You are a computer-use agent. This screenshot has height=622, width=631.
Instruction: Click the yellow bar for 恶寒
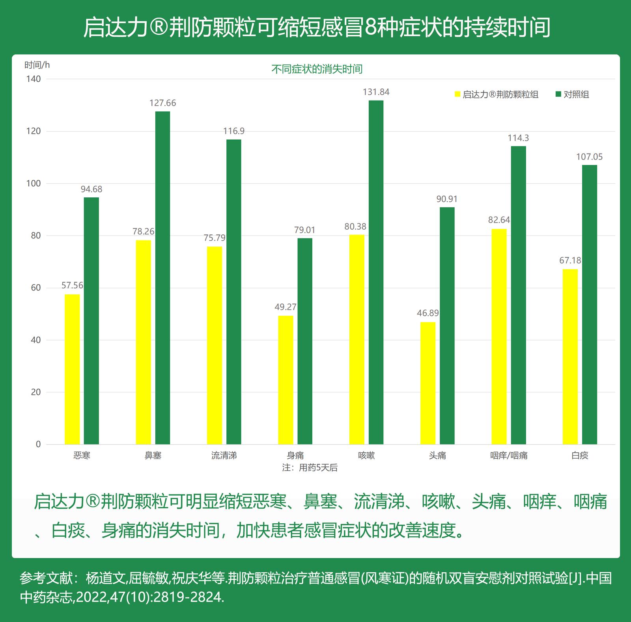pyautogui.click(x=72, y=369)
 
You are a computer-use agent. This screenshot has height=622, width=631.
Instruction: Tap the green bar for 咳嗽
pyautogui.click(x=376, y=272)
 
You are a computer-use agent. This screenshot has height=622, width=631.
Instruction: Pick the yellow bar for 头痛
pyautogui.click(x=428, y=383)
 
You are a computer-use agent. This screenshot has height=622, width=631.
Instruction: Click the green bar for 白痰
pyautogui.click(x=590, y=304)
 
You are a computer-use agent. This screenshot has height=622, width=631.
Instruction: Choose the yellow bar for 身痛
pyautogui.click(x=286, y=380)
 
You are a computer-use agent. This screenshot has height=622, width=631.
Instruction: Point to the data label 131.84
pyautogui.click(x=376, y=92)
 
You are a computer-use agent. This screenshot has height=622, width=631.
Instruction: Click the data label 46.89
pyautogui.click(x=428, y=313)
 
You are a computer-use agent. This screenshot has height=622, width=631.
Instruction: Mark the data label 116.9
pyautogui.click(x=234, y=131)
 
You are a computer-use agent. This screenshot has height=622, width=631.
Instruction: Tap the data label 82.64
pyautogui.click(x=499, y=220)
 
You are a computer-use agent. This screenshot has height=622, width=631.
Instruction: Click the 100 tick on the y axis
pyautogui.click(x=34, y=184)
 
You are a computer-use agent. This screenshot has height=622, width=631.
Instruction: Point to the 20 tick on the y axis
pyautogui.click(x=35, y=392)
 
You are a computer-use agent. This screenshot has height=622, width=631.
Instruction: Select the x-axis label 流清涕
pyautogui.click(x=224, y=455)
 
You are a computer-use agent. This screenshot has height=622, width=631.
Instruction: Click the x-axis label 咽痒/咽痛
pyautogui.click(x=509, y=455)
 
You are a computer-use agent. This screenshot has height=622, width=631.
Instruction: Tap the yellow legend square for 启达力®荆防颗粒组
pyautogui.click(x=457, y=94)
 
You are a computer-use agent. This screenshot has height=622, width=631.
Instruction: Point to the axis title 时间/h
pyautogui.click(x=37, y=65)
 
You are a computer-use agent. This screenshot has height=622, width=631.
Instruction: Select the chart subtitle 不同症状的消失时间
pyautogui.click(x=317, y=69)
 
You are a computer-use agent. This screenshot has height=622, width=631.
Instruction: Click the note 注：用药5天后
pyautogui.click(x=310, y=468)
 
